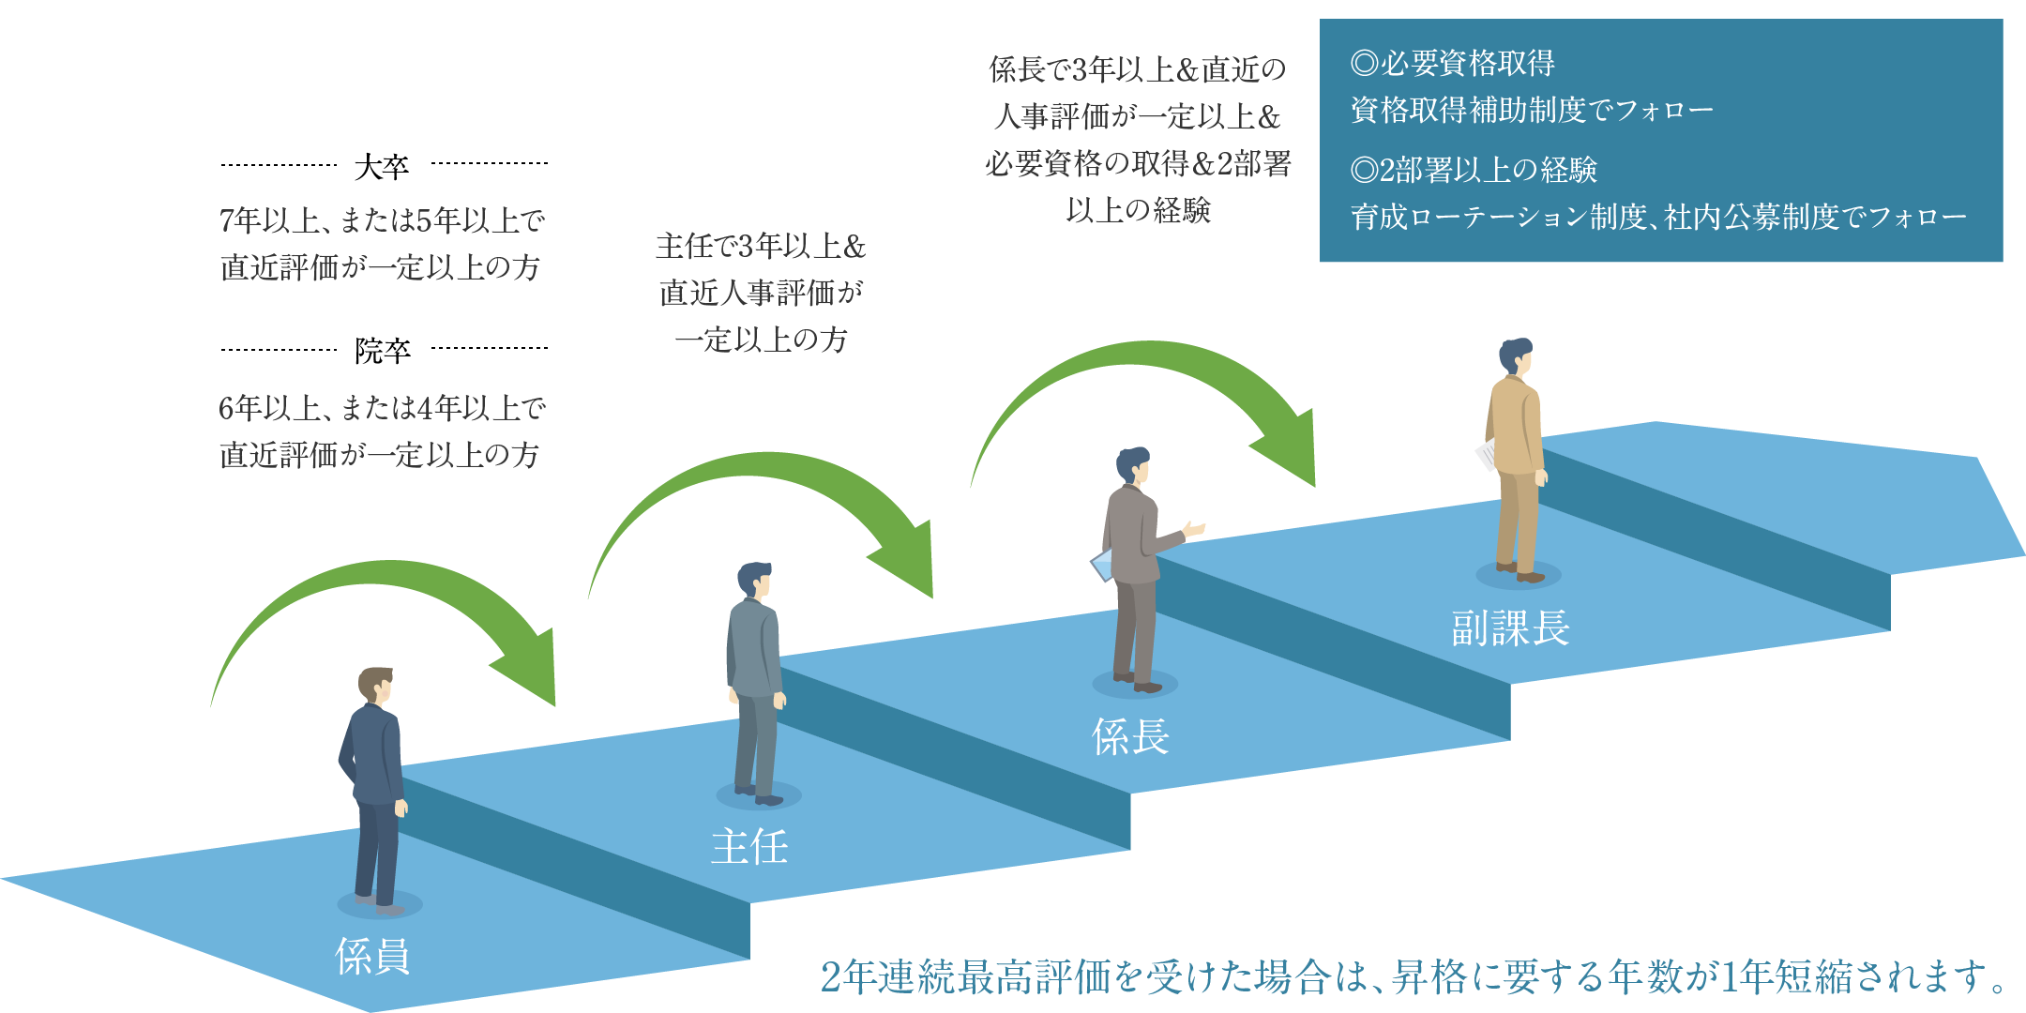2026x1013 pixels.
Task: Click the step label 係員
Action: click(x=372, y=956)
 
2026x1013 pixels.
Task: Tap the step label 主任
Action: click(x=749, y=846)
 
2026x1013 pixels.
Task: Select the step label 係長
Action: click(x=1130, y=737)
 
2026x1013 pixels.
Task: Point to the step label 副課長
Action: click(x=1510, y=627)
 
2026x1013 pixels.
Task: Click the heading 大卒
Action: click(x=382, y=167)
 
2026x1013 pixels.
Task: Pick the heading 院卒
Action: click(x=382, y=351)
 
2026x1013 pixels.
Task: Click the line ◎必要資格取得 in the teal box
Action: click(x=1452, y=63)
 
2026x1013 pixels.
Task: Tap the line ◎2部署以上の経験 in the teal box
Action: click(x=1473, y=170)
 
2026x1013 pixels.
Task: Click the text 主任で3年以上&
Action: click(x=760, y=246)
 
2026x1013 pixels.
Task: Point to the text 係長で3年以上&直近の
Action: click(x=1137, y=68)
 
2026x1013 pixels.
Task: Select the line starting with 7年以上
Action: click(x=382, y=220)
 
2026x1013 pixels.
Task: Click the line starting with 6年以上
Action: click(x=382, y=408)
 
